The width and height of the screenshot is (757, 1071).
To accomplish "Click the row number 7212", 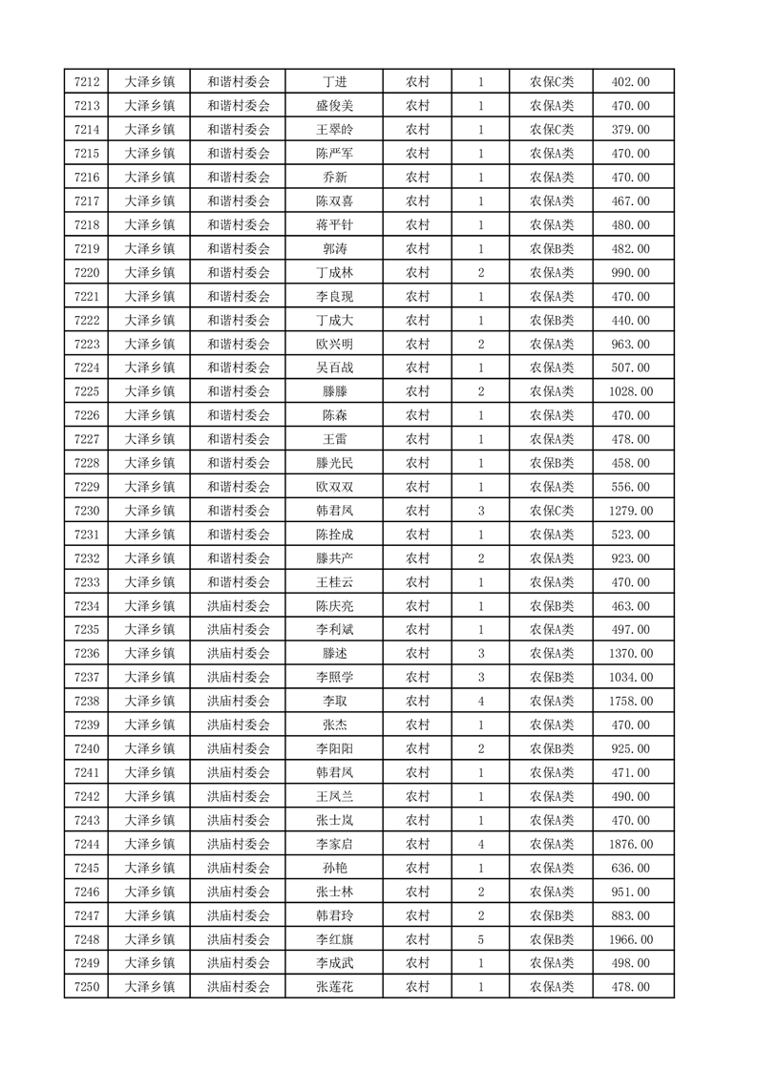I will click(x=87, y=82).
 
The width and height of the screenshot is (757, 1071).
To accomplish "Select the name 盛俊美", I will click(x=334, y=106).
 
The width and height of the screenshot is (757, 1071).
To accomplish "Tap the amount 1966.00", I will click(x=631, y=939).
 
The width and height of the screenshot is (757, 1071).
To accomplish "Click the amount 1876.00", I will click(x=631, y=844).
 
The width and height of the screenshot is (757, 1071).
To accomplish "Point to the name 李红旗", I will click(x=334, y=939).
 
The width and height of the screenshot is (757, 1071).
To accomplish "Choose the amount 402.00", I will click(x=631, y=82).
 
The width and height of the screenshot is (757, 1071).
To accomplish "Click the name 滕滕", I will click(x=334, y=391).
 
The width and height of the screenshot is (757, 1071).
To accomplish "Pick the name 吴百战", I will click(x=334, y=367).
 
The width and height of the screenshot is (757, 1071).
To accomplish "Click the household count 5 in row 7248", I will click(x=480, y=939).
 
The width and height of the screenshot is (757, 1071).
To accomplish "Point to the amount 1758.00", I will click(x=631, y=701).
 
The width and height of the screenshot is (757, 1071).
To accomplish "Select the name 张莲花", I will click(x=334, y=987).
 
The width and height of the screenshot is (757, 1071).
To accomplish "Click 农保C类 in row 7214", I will click(x=552, y=130).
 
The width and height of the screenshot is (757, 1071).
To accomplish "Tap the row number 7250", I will click(x=87, y=987).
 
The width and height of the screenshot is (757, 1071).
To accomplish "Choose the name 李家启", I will click(x=334, y=844).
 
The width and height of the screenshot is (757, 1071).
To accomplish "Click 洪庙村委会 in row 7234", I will click(x=239, y=606).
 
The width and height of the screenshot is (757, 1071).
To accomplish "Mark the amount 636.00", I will click(x=631, y=868).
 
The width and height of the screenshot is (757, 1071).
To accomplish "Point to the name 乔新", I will click(x=334, y=178).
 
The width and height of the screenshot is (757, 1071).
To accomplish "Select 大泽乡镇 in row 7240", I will click(x=151, y=748).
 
